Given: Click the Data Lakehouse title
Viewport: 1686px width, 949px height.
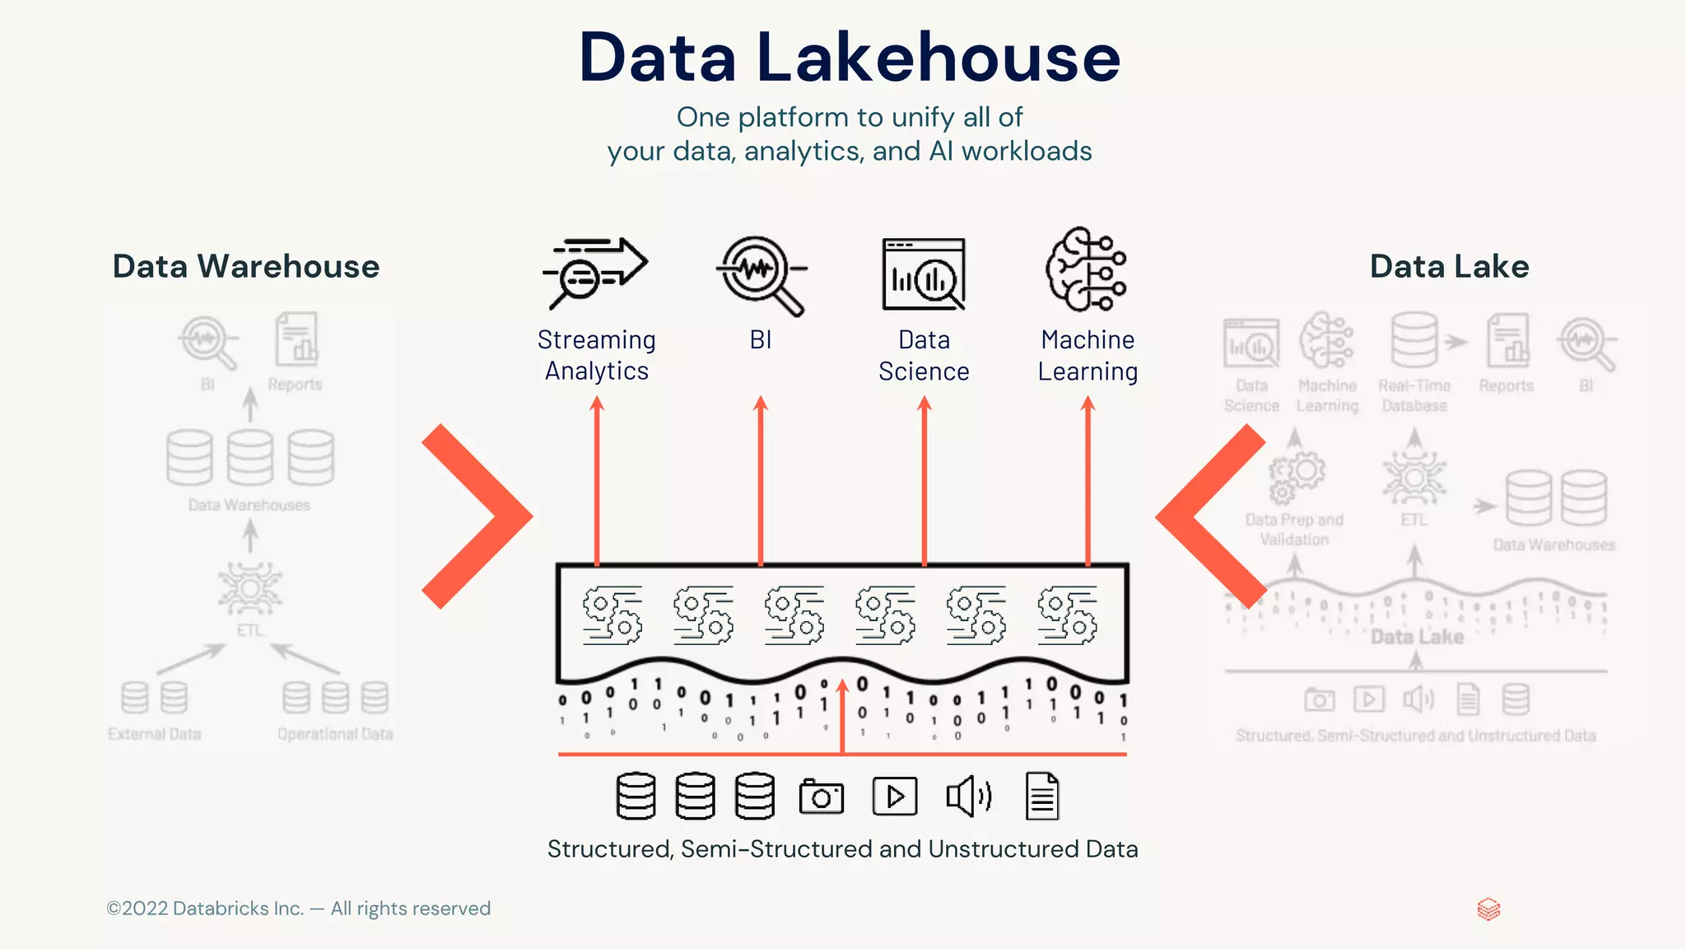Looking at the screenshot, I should coord(849,58).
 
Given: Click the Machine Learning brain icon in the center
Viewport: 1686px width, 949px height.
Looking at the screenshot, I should coord(1086,270).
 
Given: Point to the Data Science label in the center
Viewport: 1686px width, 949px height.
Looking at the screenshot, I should coord(924,356).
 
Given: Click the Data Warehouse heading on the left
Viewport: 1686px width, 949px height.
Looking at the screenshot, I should coord(246,266).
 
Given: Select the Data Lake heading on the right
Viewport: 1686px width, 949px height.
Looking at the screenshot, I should coord(1449,266).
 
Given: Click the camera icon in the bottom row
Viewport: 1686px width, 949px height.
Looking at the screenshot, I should coord(821,797).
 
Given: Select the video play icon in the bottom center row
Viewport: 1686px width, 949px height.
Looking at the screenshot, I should coord(894,797).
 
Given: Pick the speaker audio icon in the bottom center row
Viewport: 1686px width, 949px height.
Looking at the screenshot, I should coord(968,797).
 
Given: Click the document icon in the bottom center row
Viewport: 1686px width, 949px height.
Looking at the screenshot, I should coord(1041,797).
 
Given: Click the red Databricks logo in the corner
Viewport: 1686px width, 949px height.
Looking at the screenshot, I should coord(1488,909).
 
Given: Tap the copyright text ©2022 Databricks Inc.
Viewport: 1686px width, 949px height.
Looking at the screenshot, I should coord(298,909).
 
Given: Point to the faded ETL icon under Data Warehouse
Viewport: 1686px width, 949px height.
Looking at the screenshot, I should coord(249,588).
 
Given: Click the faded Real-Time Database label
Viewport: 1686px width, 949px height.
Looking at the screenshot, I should coord(1414,395).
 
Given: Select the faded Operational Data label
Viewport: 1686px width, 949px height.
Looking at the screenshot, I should coord(335,734).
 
